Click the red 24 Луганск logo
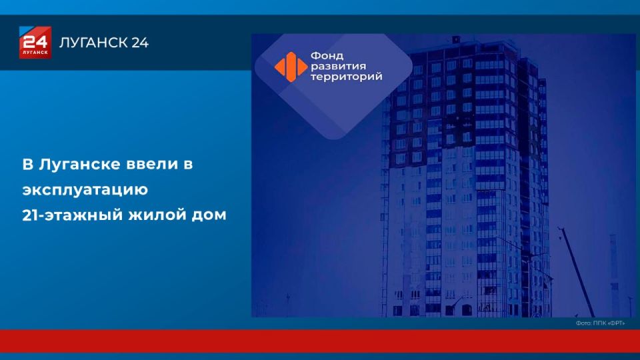35,43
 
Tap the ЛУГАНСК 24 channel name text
104,43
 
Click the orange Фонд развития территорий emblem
291,67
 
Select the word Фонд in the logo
327,55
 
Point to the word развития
339,66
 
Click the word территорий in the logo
347,76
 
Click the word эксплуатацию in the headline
85,190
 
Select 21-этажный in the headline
72,215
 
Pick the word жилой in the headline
157,215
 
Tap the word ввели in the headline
152,164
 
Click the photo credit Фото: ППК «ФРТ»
600,323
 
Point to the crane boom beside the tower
576,271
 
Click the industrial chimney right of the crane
614,275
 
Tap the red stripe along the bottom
320,341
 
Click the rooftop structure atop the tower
455,39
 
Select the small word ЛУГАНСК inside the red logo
35,52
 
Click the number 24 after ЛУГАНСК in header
140,43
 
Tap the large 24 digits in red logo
35,41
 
